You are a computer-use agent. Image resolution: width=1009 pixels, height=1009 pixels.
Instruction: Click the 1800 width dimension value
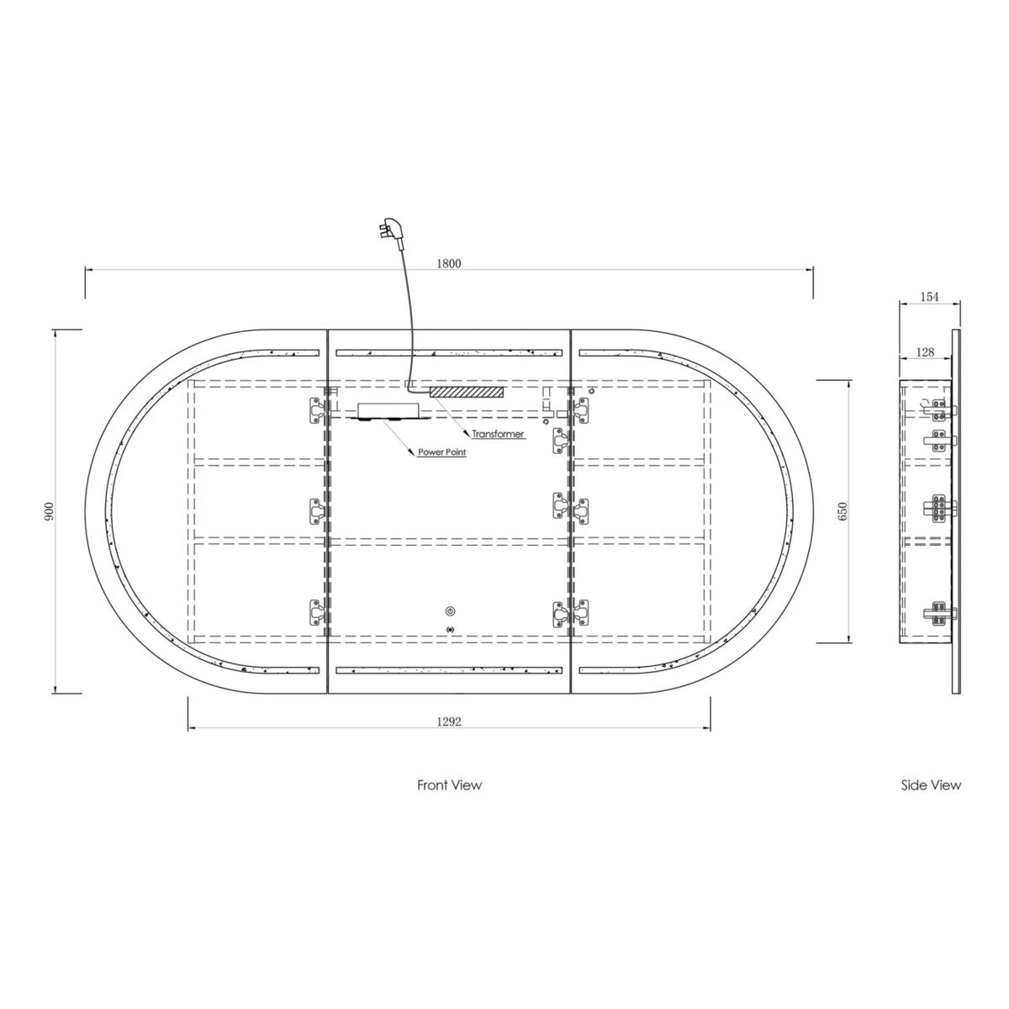point(449,263)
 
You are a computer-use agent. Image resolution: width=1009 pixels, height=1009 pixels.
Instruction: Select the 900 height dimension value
point(49,511)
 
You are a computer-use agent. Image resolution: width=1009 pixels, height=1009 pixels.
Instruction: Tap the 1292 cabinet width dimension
point(449,721)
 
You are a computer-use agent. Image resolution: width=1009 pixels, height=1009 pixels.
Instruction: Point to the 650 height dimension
point(843,511)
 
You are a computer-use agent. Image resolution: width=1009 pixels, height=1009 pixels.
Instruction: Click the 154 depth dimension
point(929,297)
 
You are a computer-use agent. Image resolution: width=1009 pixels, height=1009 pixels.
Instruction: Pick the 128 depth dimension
point(925,352)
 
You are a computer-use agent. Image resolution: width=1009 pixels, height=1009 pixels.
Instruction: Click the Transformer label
point(498,434)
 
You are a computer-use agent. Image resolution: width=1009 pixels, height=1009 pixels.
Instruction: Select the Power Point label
point(442,452)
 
